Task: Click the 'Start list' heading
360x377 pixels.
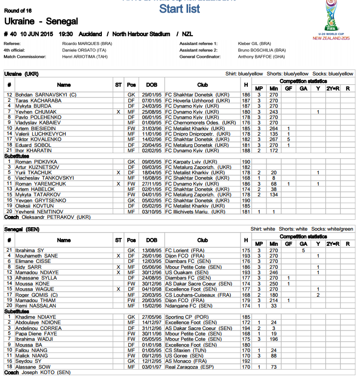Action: coord(180,9)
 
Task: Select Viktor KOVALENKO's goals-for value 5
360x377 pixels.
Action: coord(289,139)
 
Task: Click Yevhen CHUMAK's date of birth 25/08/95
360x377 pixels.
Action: coord(152,112)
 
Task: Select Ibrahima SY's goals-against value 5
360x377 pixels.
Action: coord(304,250)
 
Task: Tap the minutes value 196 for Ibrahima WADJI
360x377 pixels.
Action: coord(274,339)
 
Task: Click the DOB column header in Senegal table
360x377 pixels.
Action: coord(152,240)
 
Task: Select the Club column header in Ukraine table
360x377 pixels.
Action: coord(202,85)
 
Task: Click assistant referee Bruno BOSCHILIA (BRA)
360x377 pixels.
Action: coord(262,50)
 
